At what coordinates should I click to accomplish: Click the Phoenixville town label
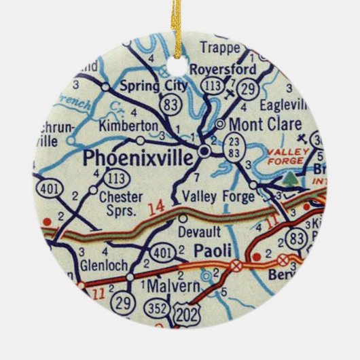pos(137,159)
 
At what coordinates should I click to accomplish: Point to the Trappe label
pos(219,48)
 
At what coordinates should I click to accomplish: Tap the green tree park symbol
pos(291,179)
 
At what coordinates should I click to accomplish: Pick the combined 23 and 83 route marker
pos(233,157)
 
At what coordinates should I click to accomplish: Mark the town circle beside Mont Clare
pos(219,124)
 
